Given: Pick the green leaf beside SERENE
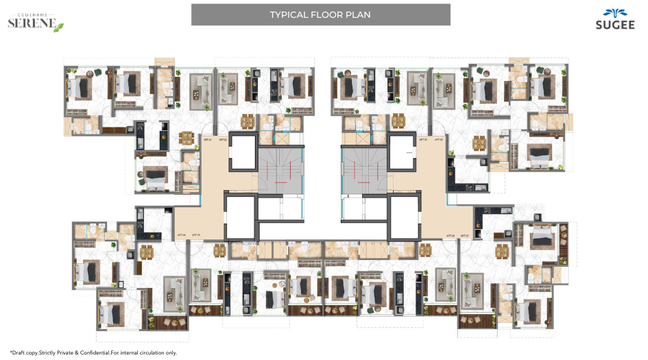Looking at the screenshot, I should point(59,27).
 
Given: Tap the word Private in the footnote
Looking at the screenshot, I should point(72,352).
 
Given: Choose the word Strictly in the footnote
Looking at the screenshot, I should point(51,352).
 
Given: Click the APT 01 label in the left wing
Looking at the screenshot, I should point(208,139).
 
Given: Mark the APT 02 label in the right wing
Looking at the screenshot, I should point(440,139).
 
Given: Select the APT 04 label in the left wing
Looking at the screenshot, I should point(182,235).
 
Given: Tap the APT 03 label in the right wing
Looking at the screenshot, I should point(464,235).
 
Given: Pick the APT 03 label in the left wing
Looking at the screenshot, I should point(196,235).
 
